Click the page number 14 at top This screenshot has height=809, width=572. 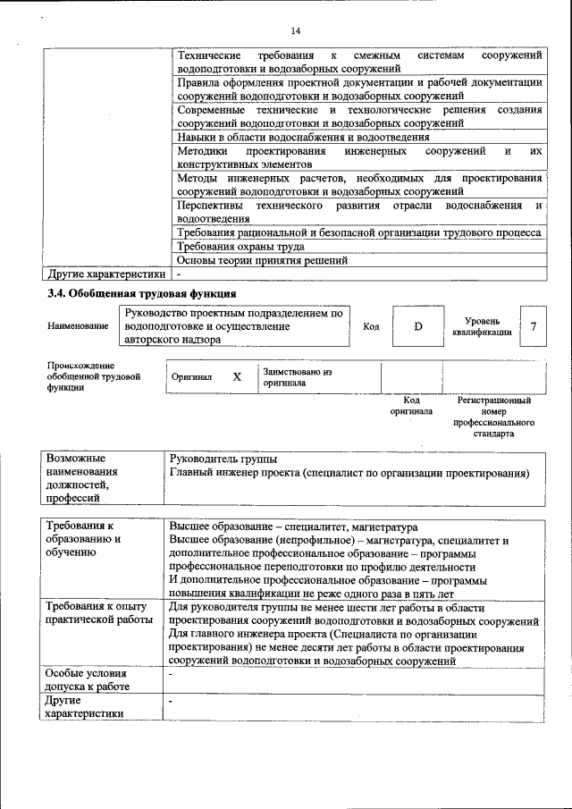(296, 32)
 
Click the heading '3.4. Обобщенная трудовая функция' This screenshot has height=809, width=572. (141, 293)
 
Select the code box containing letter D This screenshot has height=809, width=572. (417, 326)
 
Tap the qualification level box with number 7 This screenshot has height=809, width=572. (533, 326)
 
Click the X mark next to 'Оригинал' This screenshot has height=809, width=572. (237, 377)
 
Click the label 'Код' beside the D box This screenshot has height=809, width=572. (371, 327)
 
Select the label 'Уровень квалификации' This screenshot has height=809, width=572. (488, 326)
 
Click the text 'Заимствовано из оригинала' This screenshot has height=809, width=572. (297, 376)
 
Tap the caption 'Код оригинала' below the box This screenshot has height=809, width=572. (410, 406)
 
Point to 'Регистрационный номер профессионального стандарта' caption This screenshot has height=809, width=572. (493, 417)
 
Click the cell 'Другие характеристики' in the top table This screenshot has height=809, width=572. (106, 274)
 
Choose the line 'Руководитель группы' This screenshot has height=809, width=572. (223, 459)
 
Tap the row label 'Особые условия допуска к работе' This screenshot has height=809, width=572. (88, 679)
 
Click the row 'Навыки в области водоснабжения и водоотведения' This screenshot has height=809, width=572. (302, 137)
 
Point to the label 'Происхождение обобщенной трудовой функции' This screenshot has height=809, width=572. (94, 376)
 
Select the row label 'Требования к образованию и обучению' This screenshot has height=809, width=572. (83, 540)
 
